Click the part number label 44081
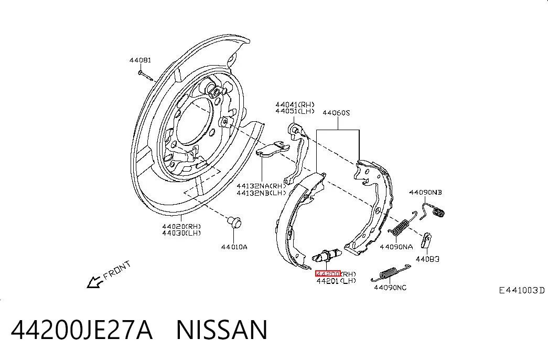[x=140, y=60]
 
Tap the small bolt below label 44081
[x=145, y=75]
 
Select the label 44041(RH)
[x=295, y=104]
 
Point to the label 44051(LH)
[x=295, y=111]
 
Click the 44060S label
[x=336, y=113]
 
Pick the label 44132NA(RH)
[x=261, y=186]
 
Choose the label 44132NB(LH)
[x=261, y=193]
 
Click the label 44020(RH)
[x=181, y=226]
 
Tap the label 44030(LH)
[x=181, y=233]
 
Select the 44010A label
[x=234, y=247]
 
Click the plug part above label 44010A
[x=234, y=222]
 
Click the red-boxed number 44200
[x=328, y=273]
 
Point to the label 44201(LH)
[x=336, y=281]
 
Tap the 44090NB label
[x=425, y=193]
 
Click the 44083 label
[x=427, y=259]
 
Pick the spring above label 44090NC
[x=391, y=273]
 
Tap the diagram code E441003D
[x=521, y=290]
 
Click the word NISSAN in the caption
[x=222, y=330]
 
